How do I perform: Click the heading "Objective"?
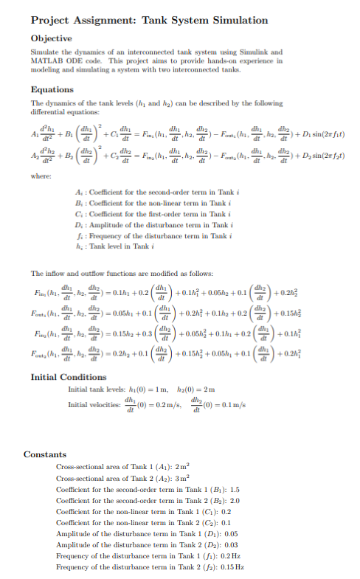click(51, 38)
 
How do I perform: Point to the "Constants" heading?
click(46, 454)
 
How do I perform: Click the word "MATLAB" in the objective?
click(47, 61)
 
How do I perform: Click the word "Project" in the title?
click(58, 20)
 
